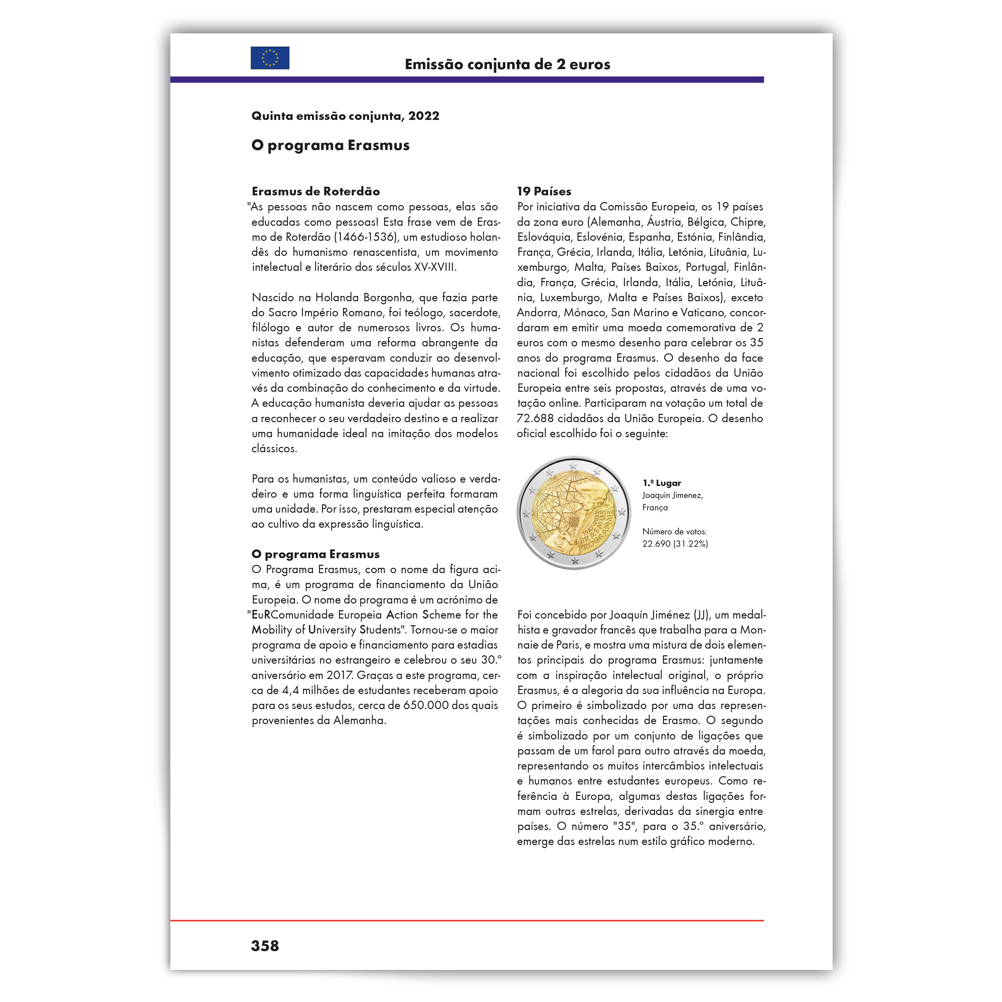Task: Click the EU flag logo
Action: pyautogui.click(x=270, y=58)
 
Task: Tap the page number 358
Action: pyautogui.click(x=265, y=946)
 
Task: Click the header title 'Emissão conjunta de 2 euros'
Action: pyautogui.click(x=507, y=64)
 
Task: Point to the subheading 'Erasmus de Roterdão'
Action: pyautogui.click(x=316, y=191)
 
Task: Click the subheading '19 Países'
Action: pyautogui.click(x=544, y=191)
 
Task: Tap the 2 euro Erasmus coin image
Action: pyautogui.click(x=573, y=512)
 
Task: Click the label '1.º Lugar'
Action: pyautogui.click(x=662, y=483)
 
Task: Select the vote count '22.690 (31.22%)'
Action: pyautogui.click(x=675, y=543)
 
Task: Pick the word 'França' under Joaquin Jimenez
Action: pyautogui.click(x=655, y=508)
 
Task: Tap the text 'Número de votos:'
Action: pyautogui.click(x=674, y=532)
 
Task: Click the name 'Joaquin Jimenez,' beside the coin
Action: pyautogui.click(x=672, y=495)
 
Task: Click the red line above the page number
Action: pyautogui.click(x=467, y=921)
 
